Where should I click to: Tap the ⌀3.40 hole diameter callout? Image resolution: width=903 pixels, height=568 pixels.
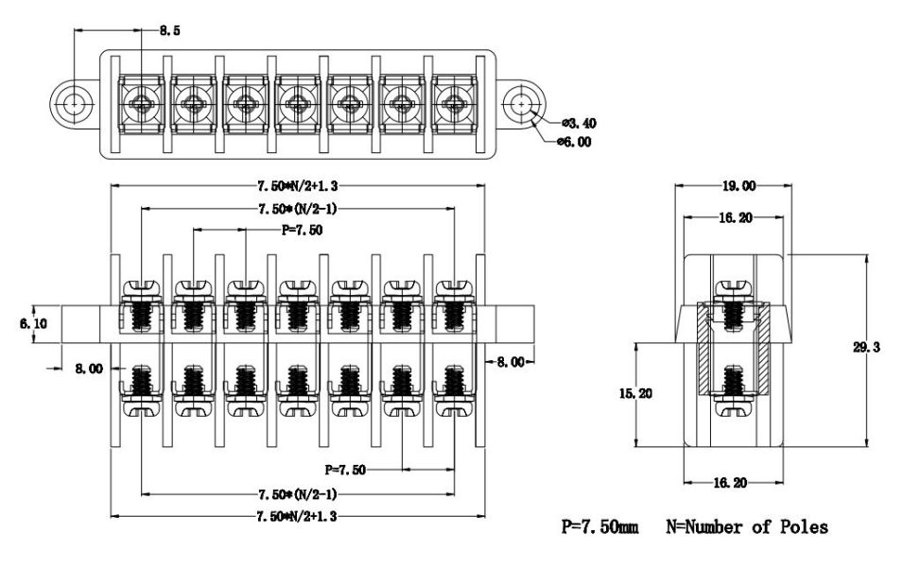(579, 123)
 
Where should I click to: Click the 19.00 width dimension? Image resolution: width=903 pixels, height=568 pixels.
(734, 186)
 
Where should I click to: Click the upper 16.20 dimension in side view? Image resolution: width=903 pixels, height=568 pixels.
(734, 217)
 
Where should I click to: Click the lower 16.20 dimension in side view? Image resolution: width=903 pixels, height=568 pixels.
(734, 483)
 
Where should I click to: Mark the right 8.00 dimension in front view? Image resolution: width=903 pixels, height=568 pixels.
(511, 361)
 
